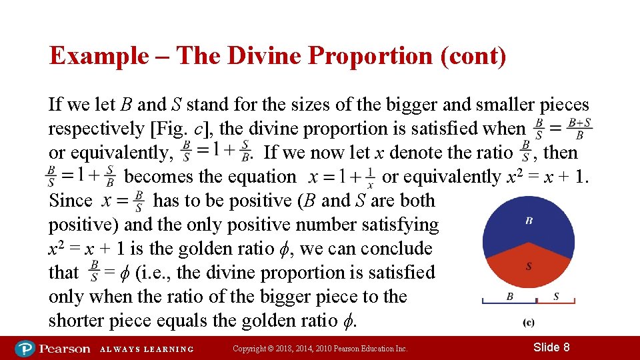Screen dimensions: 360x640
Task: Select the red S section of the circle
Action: coord(529,269)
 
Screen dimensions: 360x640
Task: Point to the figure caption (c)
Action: coord(528,323)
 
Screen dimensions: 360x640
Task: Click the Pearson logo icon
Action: coord(25,348)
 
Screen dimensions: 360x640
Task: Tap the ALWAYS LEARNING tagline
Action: coord(147,349)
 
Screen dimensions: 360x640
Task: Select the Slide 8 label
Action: coord(551,347)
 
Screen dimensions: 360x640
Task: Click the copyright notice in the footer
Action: coord(320,349)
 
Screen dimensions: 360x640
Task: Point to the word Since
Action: coord(71,201)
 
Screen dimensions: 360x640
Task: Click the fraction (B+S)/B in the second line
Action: coord(579,129)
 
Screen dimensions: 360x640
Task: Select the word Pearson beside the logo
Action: coord(64,348)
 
